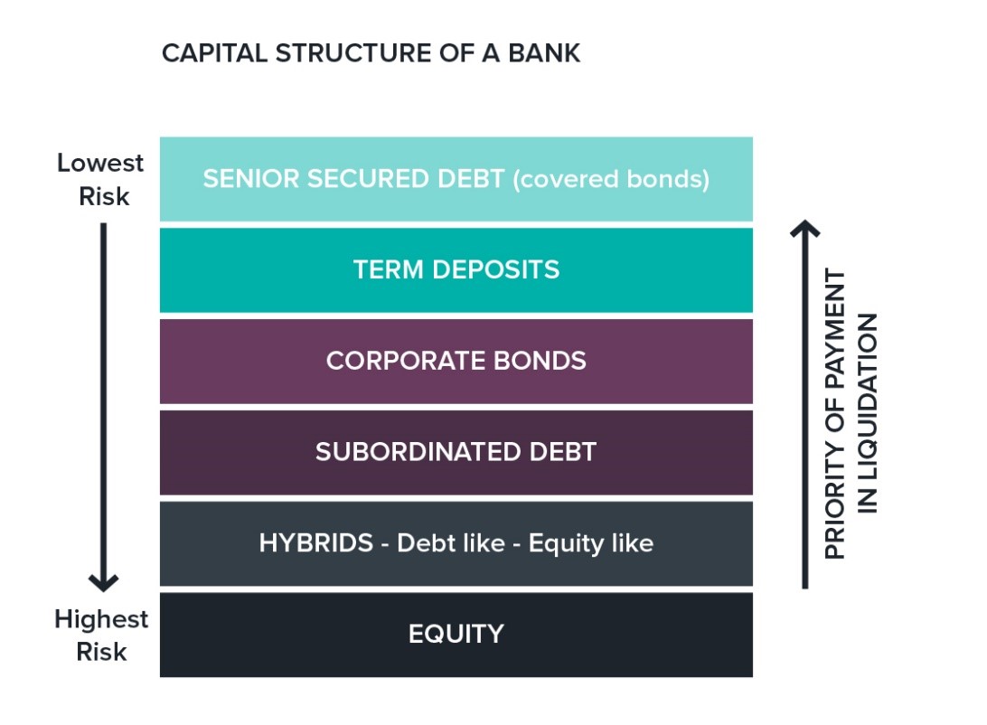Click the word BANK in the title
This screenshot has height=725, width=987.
[544, 53]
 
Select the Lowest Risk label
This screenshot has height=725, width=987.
[100, 179]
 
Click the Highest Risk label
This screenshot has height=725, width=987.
[101, 635]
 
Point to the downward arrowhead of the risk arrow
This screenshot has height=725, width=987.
[103, 582]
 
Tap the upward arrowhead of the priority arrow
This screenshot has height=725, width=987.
[804, 229]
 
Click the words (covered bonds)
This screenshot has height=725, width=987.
[611, 179]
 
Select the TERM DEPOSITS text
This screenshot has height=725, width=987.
[456, 269]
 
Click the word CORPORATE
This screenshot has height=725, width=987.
[406, 361]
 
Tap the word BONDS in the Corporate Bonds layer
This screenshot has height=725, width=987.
[540, 361]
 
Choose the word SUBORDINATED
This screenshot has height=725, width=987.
[418, 452]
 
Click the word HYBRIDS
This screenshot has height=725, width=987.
[316, 542]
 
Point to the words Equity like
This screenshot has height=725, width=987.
[590, 544]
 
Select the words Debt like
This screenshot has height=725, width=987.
[451, 542]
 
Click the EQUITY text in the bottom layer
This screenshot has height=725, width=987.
[456, 634]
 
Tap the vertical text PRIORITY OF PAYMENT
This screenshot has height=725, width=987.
[834, 414]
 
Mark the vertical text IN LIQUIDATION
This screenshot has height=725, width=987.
[868, 413]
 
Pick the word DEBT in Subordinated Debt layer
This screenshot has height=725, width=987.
[563, 452]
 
